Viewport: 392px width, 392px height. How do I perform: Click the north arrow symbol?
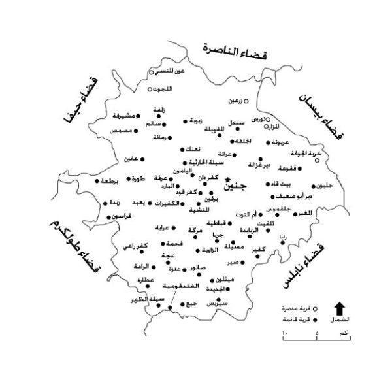340,308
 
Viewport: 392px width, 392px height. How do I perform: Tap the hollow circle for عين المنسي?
152,72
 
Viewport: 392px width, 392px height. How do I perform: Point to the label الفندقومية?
161,287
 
